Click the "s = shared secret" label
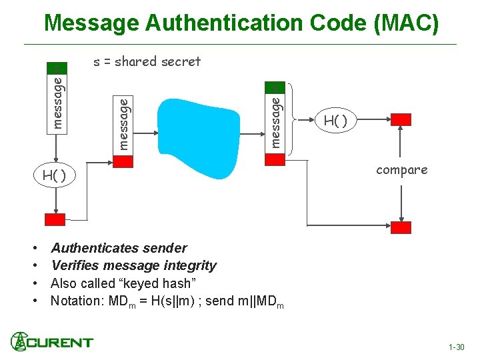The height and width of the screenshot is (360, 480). click(147, 61)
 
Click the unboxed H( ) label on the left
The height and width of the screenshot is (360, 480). click(53, 176)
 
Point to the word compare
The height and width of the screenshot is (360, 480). click(401, 170)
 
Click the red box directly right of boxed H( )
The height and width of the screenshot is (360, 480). click(401, 119)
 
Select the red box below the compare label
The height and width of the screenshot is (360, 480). click(401, 227)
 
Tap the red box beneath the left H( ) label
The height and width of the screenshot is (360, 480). click(55, 220)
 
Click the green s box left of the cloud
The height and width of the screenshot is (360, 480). click(57, 68)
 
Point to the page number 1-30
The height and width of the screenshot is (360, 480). click(457, 347)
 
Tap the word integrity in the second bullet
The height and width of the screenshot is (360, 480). click(189, 266)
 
